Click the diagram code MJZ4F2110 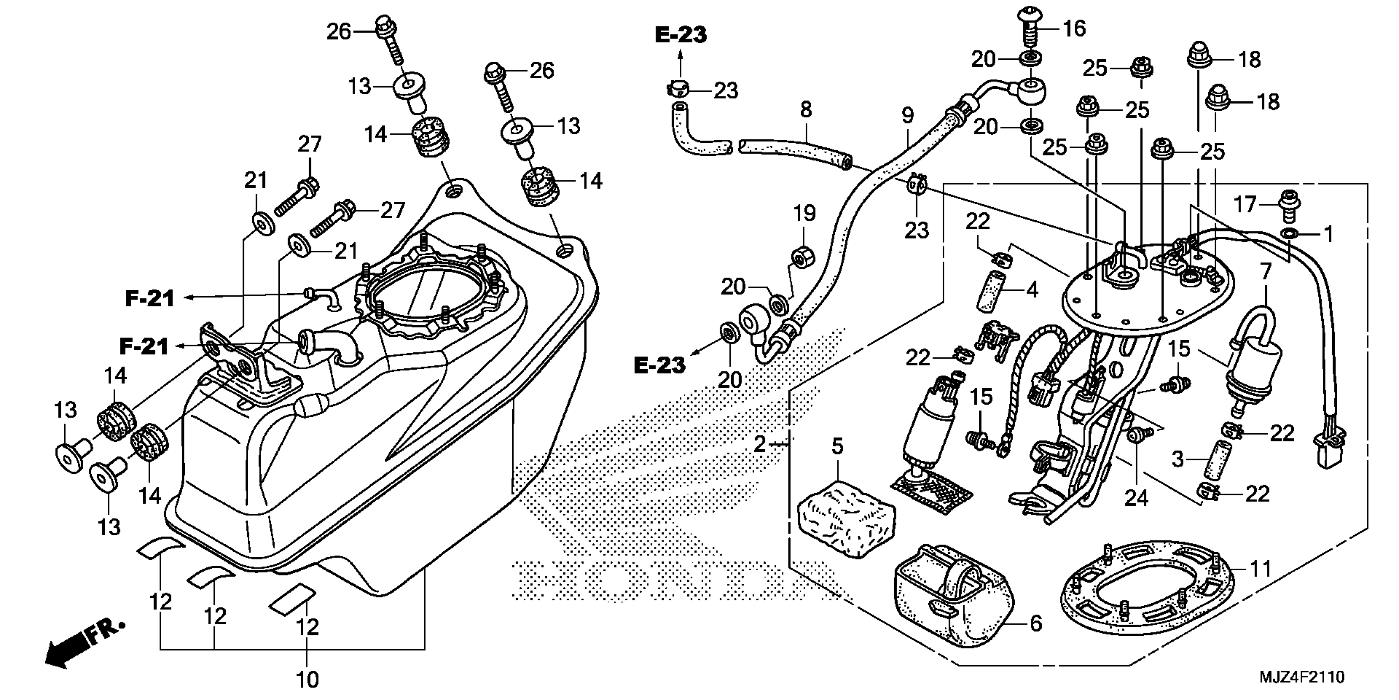(1302, 677)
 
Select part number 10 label (307, 679)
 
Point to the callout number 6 (1036, 624)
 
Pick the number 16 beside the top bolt (1074, 29)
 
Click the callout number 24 (1136, 498)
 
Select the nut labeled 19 (802, 257)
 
